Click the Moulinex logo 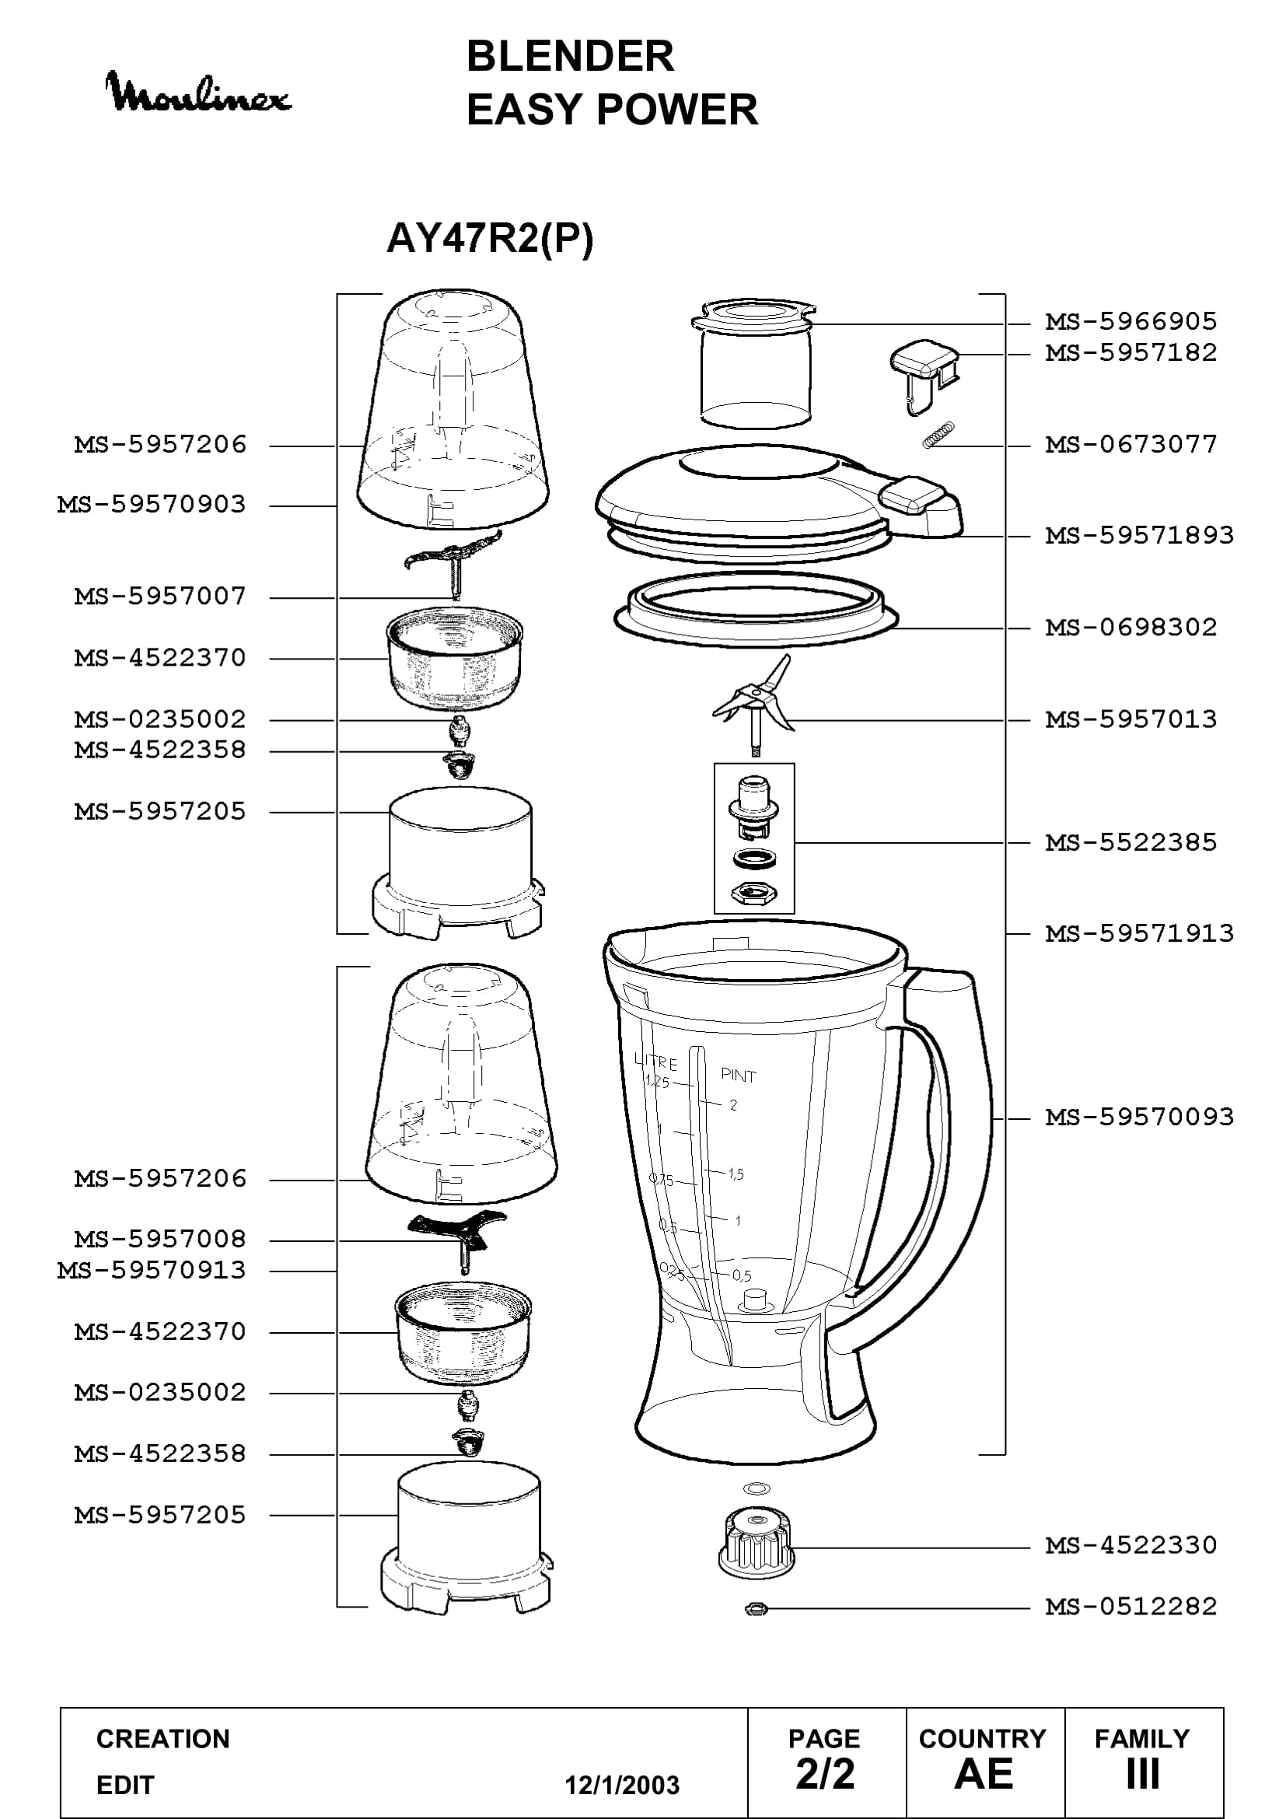[199, 93]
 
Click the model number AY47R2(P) [489, 238]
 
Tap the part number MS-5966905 [1130, 322]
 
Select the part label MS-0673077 [1130, 445]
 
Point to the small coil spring [938, 435]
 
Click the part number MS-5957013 [1130, 719]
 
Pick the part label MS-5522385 [1130, 842]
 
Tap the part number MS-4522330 [1130, 1545]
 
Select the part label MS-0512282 [1130, 1607]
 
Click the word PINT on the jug [738, 1075]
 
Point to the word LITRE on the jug [655, 1062]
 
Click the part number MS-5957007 [160, 596]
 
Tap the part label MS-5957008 [160, 1239]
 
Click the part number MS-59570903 [152, 505]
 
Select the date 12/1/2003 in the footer [622, 1785]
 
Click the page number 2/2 [825, 1774]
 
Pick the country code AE [984, 1774]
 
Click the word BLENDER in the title [570, 56]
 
